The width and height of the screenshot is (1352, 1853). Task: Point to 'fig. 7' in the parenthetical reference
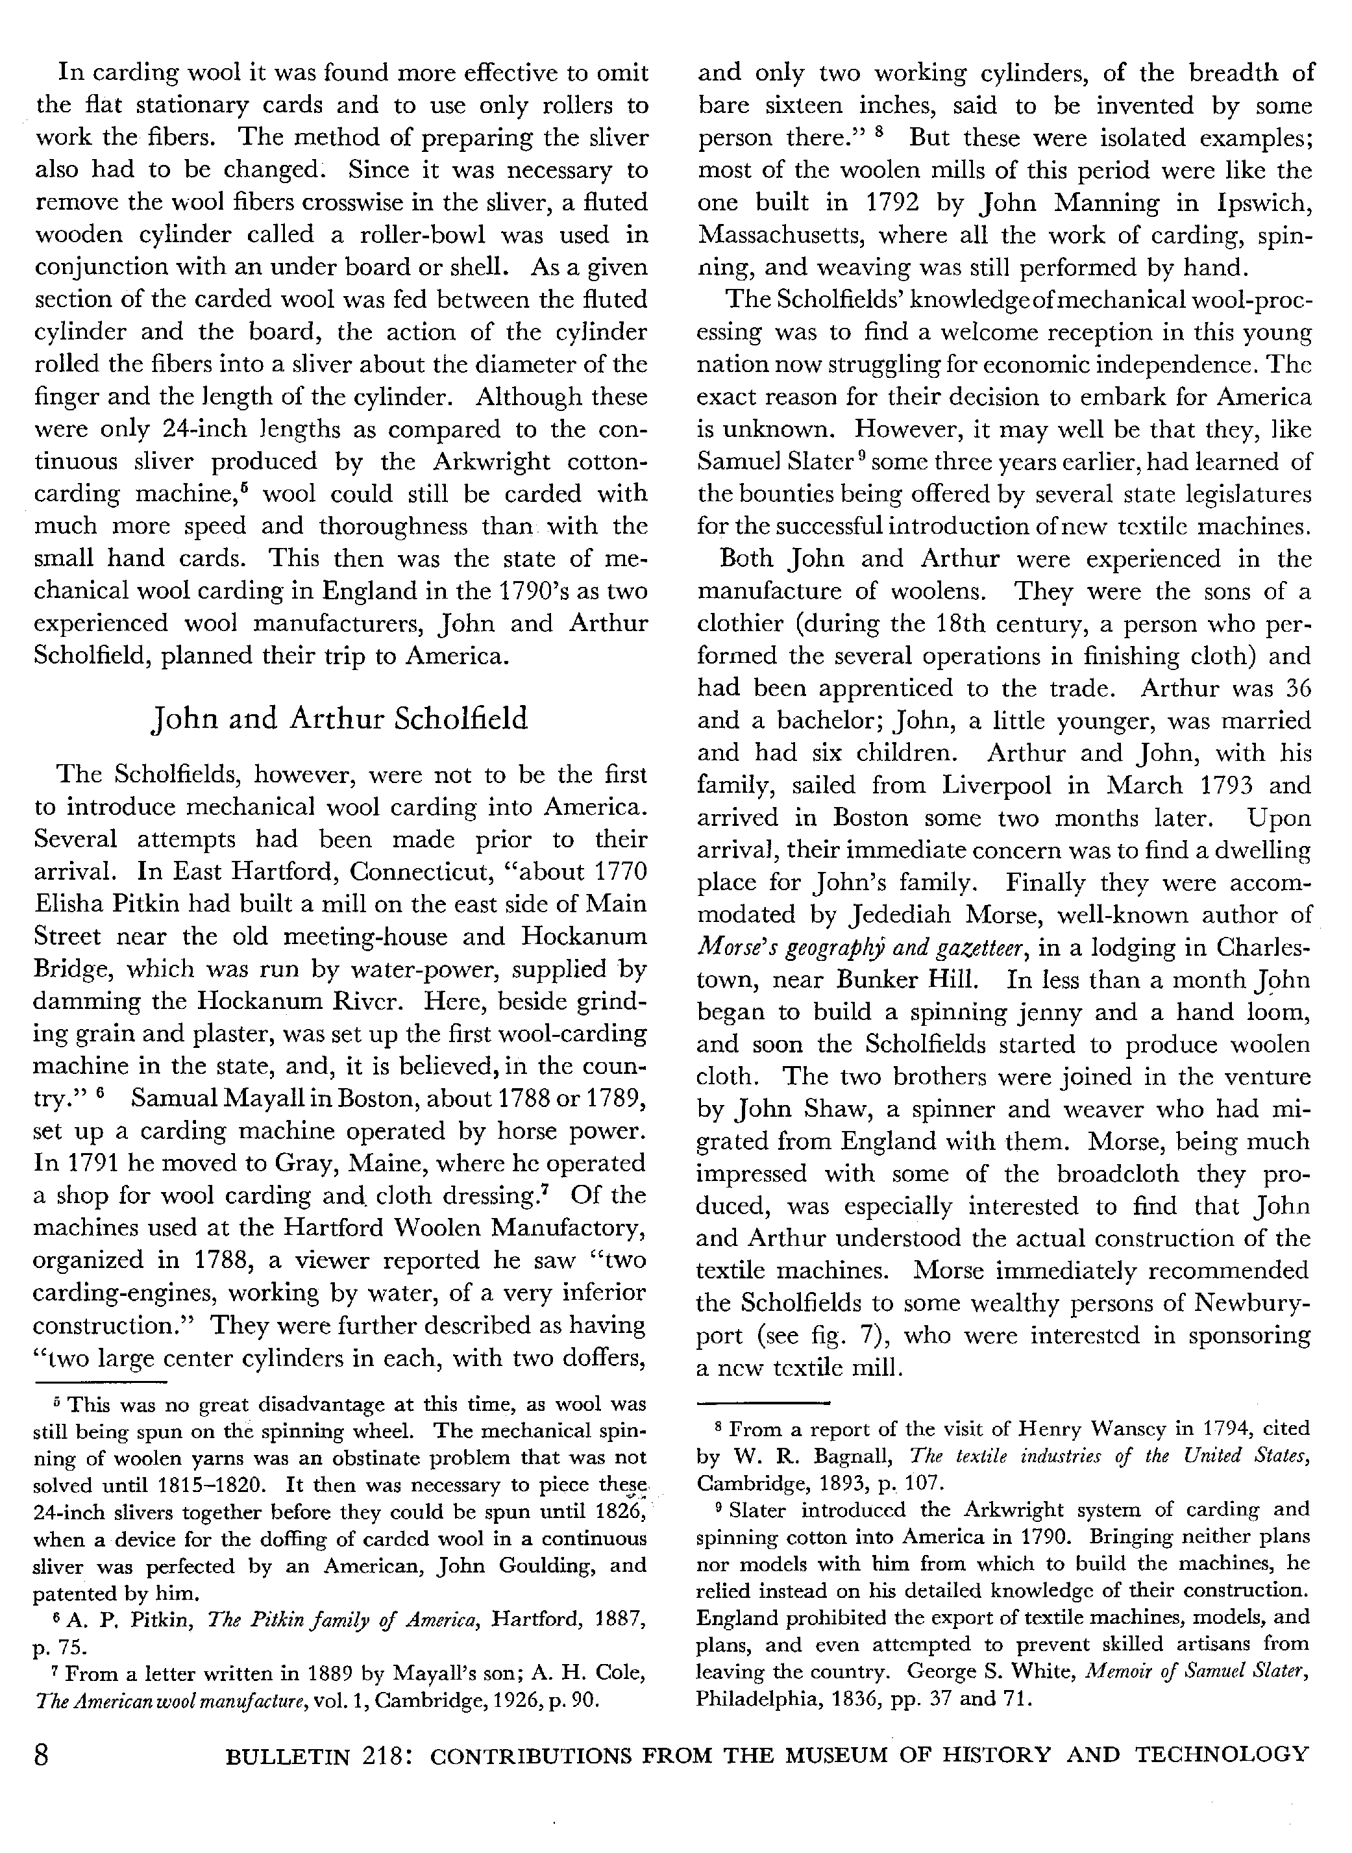pyautogui.click(x=857, y=1335)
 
